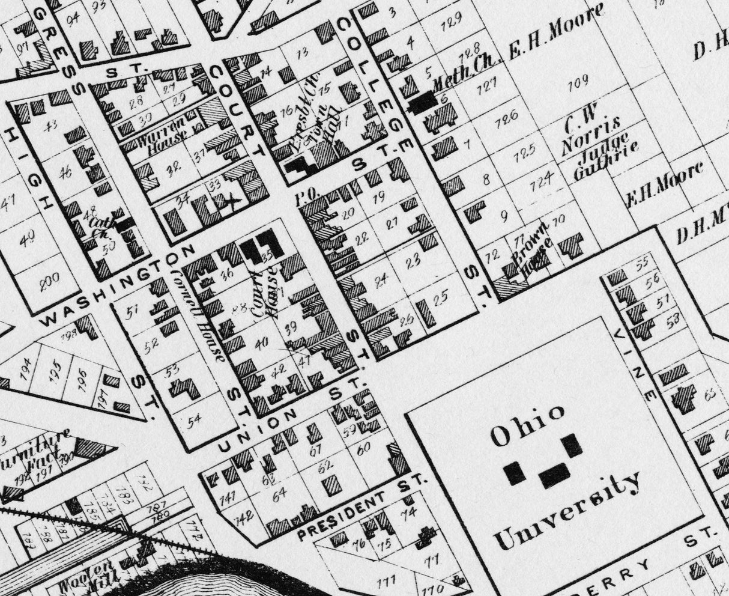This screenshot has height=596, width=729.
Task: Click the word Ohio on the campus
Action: point(528,430)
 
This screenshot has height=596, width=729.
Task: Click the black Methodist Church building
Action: point(423,102)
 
